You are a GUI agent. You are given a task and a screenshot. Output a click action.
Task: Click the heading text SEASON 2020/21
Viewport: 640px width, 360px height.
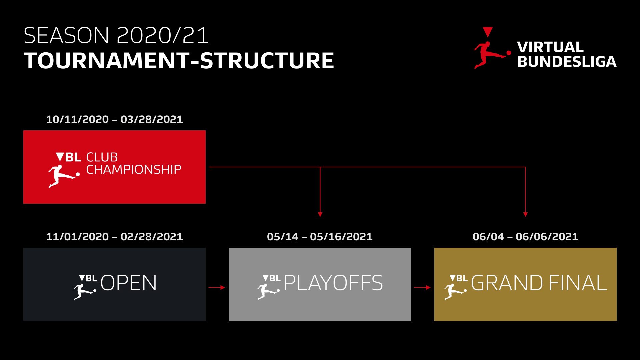pos(116,35)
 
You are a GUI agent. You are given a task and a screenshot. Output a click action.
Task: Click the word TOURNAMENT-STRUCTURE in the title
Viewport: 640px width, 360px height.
pos(179,61)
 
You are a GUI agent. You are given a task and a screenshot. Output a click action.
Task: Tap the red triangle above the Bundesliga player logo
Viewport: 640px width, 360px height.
pos(487,32)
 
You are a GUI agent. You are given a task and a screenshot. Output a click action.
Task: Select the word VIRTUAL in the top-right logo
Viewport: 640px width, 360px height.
pos(550,47)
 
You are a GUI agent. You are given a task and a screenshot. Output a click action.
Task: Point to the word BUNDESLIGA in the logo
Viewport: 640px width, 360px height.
pos(567,62)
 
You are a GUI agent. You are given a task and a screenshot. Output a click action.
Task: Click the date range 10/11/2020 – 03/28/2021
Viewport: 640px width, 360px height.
pos(114,119)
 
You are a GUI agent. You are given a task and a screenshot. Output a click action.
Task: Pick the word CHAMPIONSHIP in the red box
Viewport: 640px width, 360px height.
pos(134,169)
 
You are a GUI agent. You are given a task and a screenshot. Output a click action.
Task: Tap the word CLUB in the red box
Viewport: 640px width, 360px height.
pos(102,157)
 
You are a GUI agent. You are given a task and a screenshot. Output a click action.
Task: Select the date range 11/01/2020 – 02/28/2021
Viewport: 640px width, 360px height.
pos(114,237)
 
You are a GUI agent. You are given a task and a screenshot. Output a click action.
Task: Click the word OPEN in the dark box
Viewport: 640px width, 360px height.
pos(128,283)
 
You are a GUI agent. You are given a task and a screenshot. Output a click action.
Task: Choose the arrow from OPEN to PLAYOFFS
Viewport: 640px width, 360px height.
pos(217,287)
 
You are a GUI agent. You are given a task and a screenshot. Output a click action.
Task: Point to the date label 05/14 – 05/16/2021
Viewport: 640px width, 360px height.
pos(320,237)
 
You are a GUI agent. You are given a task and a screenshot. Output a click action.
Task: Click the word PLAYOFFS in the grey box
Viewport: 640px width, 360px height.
pos(333,283)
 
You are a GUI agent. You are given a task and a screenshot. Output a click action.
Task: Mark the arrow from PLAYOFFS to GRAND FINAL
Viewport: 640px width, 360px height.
pos(422,287)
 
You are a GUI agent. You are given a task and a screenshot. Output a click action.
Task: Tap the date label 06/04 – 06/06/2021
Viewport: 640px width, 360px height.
pos(525,237)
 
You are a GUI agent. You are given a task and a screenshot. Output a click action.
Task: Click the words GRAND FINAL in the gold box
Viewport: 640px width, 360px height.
pos(539,283)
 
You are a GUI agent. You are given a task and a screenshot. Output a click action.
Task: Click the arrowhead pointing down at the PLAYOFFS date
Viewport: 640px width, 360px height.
pos(320,214)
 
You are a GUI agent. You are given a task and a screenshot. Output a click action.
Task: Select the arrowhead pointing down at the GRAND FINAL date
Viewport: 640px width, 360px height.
pos(525,214)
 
